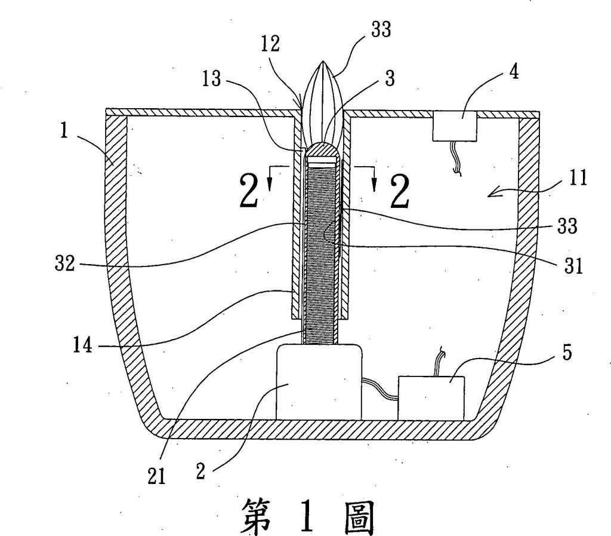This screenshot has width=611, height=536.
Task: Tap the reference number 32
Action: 62,264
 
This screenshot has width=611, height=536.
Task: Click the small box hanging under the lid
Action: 455,127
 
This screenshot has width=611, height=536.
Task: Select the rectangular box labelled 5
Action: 431,397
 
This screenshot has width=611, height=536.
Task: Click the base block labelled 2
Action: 319,382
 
